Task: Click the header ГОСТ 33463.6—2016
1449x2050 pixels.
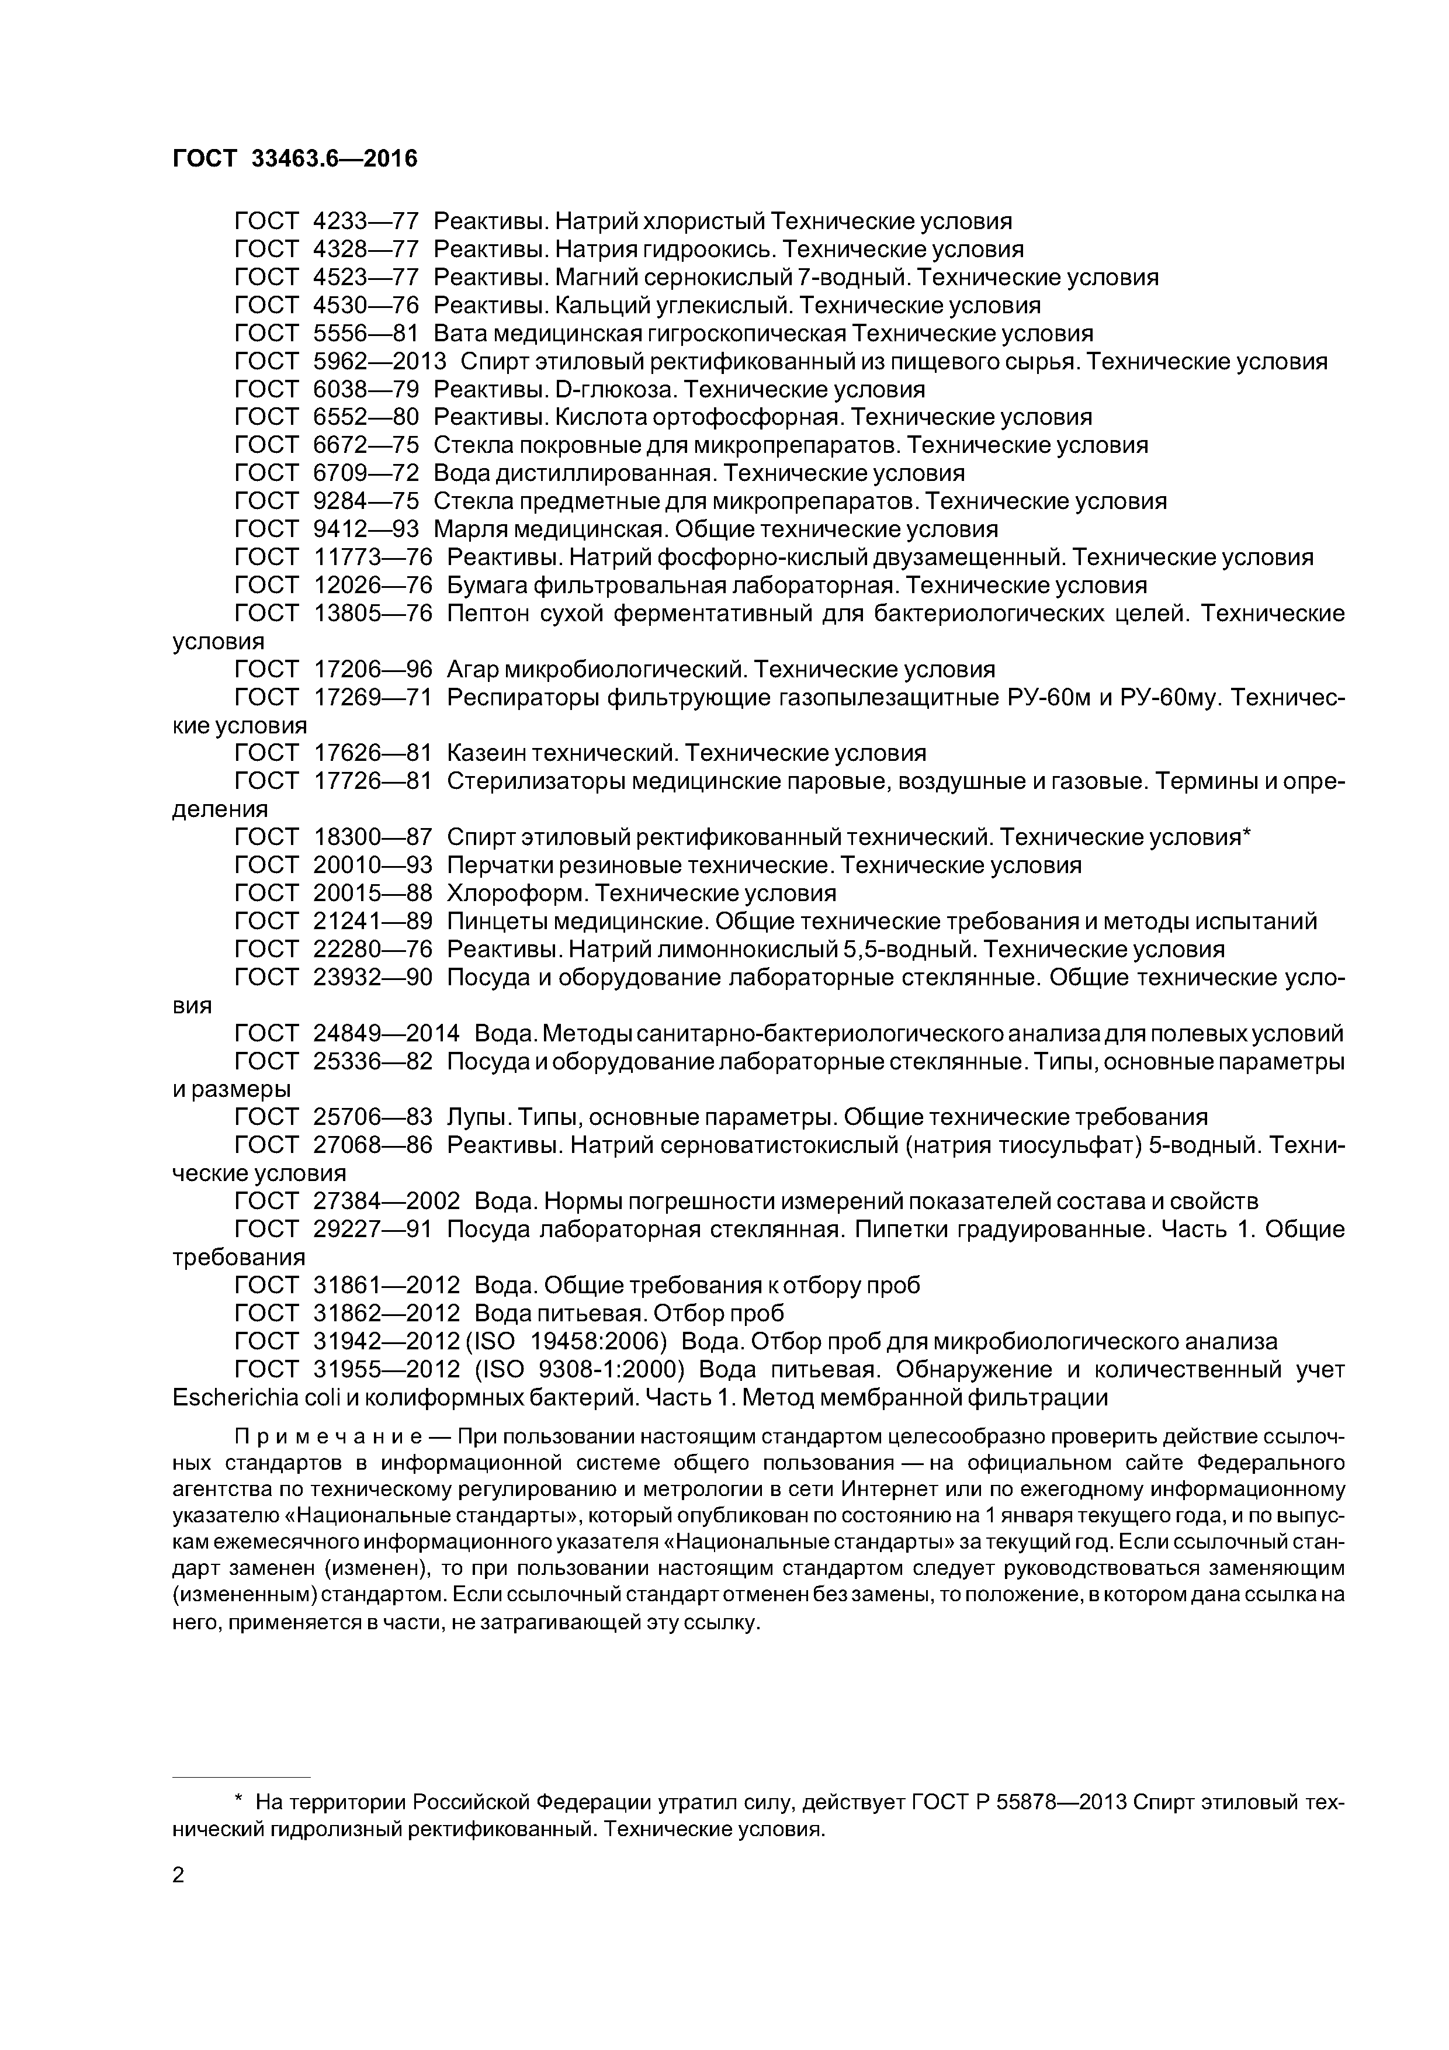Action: point(294,159)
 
